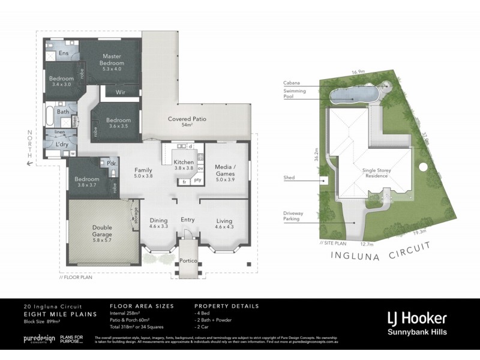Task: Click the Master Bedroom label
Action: coord(113,60)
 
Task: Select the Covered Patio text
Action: coord(187,119)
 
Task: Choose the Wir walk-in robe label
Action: coord(119,92)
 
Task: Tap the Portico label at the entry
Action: coord(188,261)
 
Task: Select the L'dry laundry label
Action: coord(61,146)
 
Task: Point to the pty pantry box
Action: coord(197,180)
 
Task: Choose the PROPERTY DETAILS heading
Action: coord(227,306)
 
